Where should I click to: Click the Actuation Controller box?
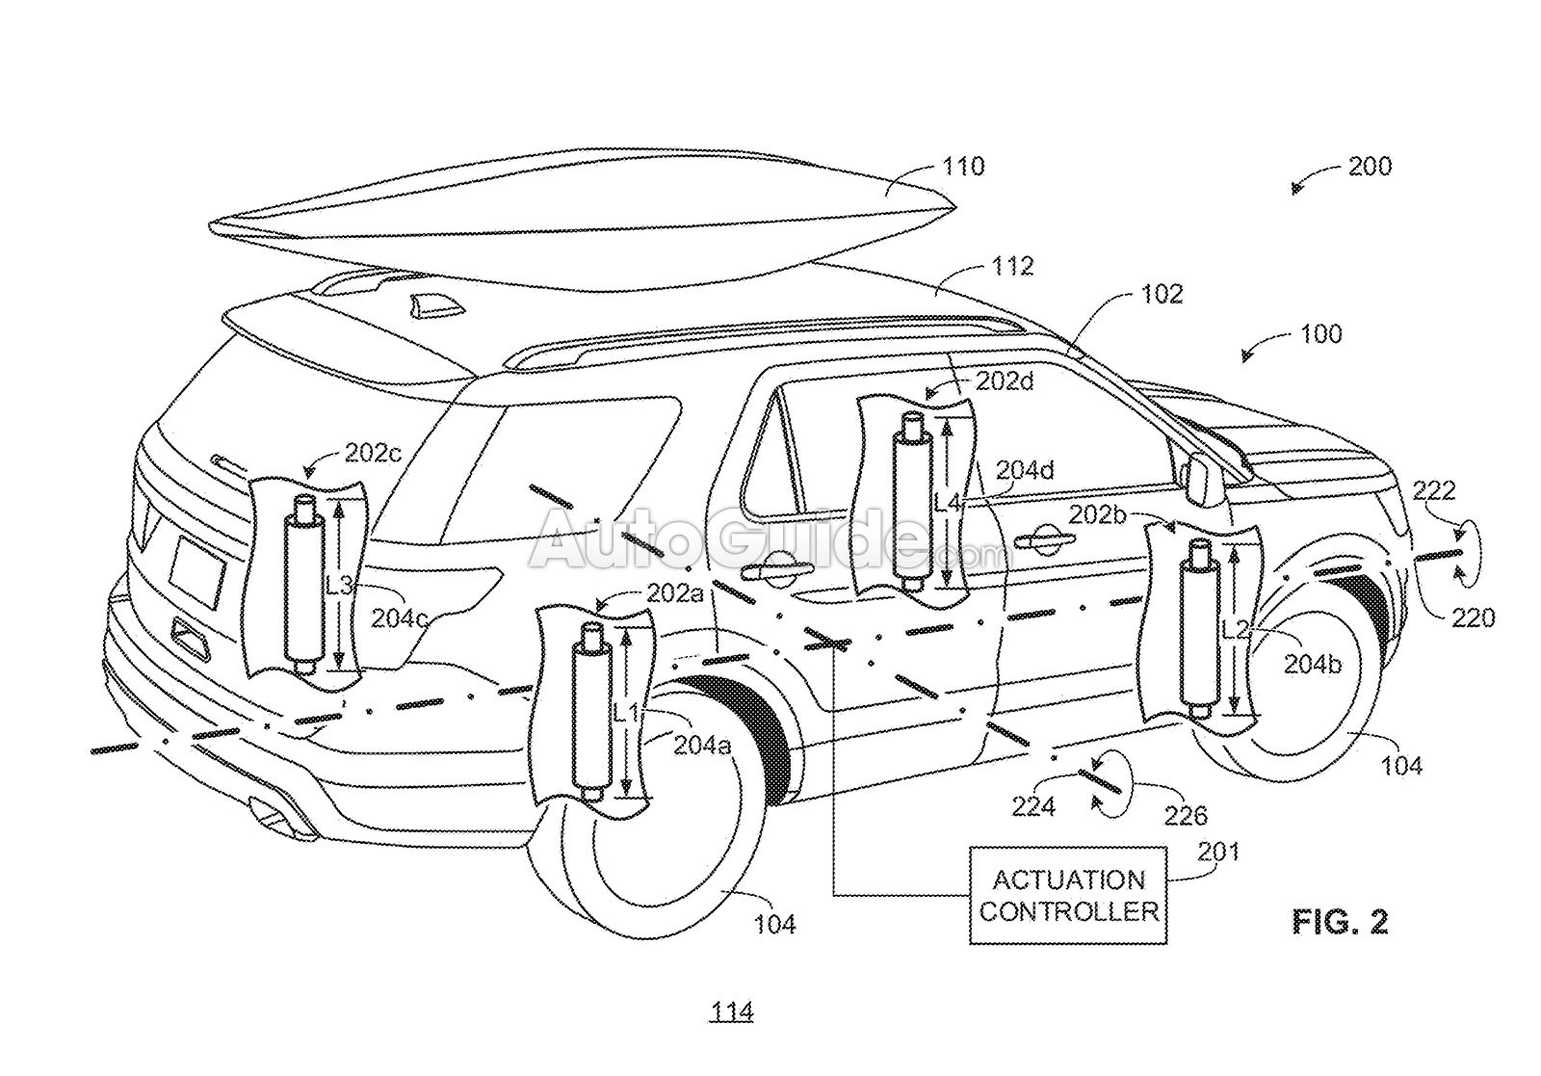(x=1067, y=895)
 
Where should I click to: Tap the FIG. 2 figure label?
(x=1340, y=922)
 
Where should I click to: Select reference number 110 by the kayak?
(x=963, y=167)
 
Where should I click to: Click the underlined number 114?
(x=732, y=1011)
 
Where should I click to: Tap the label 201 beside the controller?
(x=1217, y=852)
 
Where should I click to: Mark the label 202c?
(x=373, y=454)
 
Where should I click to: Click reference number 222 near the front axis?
(x=1434, y=491)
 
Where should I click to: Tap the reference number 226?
(x=1186, y=816)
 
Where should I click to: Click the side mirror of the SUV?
(x=1200, y=479)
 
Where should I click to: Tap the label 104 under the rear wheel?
(x=774, y=924)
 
